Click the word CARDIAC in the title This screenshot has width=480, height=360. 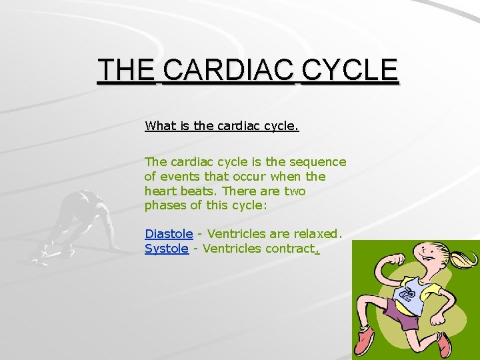tap(227, 70)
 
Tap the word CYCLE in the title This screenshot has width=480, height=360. tap(349, 70)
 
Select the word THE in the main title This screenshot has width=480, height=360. tap(126, 70)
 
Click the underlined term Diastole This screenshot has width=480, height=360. tap(169, 234)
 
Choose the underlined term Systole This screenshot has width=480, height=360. tap(167, 249)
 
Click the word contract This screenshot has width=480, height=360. tap(290, 249)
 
